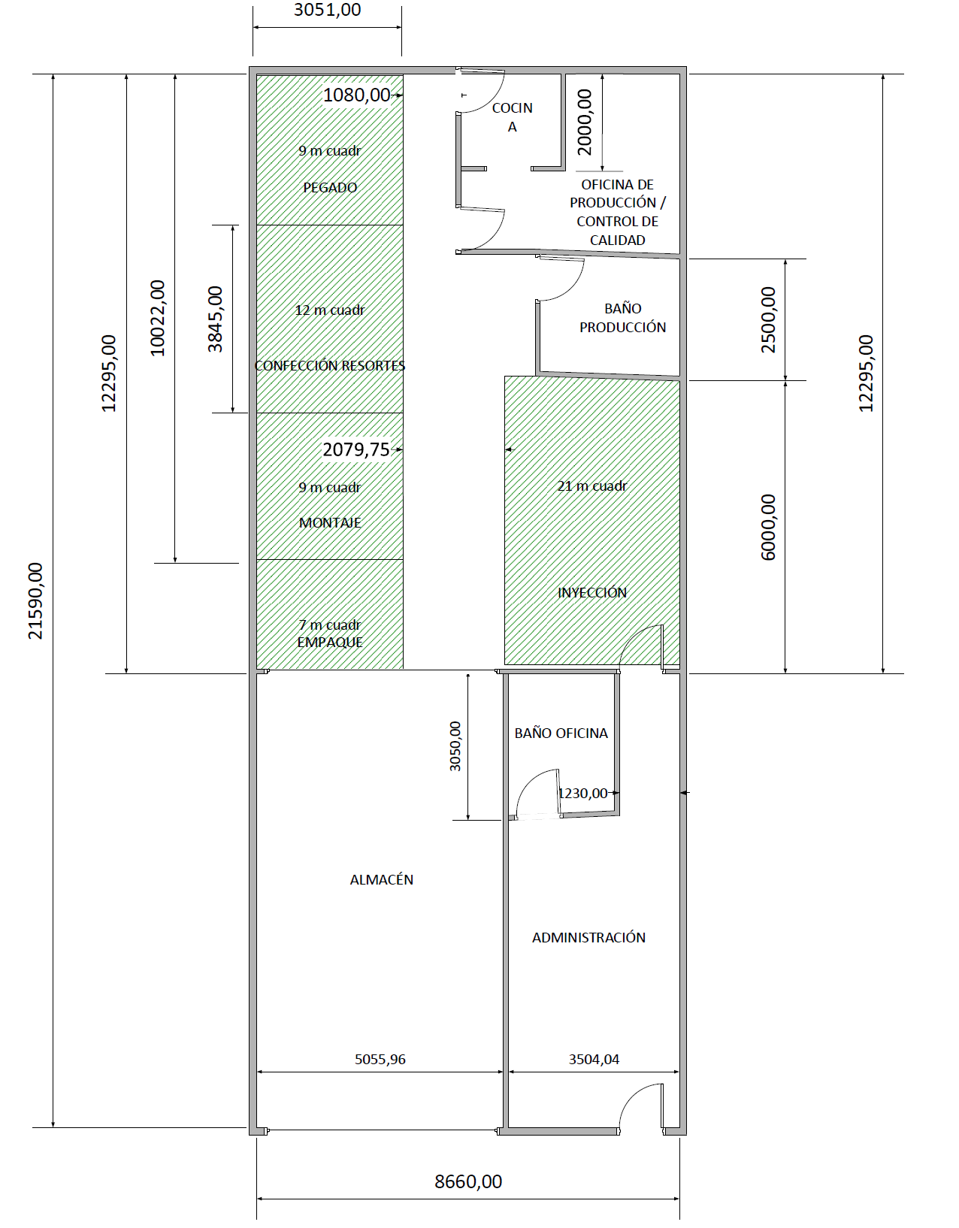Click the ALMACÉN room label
pos(382,879)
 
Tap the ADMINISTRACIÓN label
pos(588,937)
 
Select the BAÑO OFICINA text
pos(561,733)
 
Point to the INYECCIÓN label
pos(591,592)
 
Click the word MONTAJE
pos(330,523)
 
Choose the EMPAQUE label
pos(330,642)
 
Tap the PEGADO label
pos(330,188)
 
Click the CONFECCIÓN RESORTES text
pos(330,366)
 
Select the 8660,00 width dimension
pos(468,1181)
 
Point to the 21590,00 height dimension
pos(35,600)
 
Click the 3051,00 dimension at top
pos(327,10)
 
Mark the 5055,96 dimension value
pos(380,1059)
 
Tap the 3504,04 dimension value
pos(594,1059)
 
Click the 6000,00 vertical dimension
pos(768,528)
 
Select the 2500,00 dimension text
pos(768,320)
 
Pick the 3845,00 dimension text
pos(215,319)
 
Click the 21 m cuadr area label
pos(591,486)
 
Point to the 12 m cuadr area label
pos(330,310)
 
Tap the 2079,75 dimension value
pos(356,449)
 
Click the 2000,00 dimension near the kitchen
pos(584,122)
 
